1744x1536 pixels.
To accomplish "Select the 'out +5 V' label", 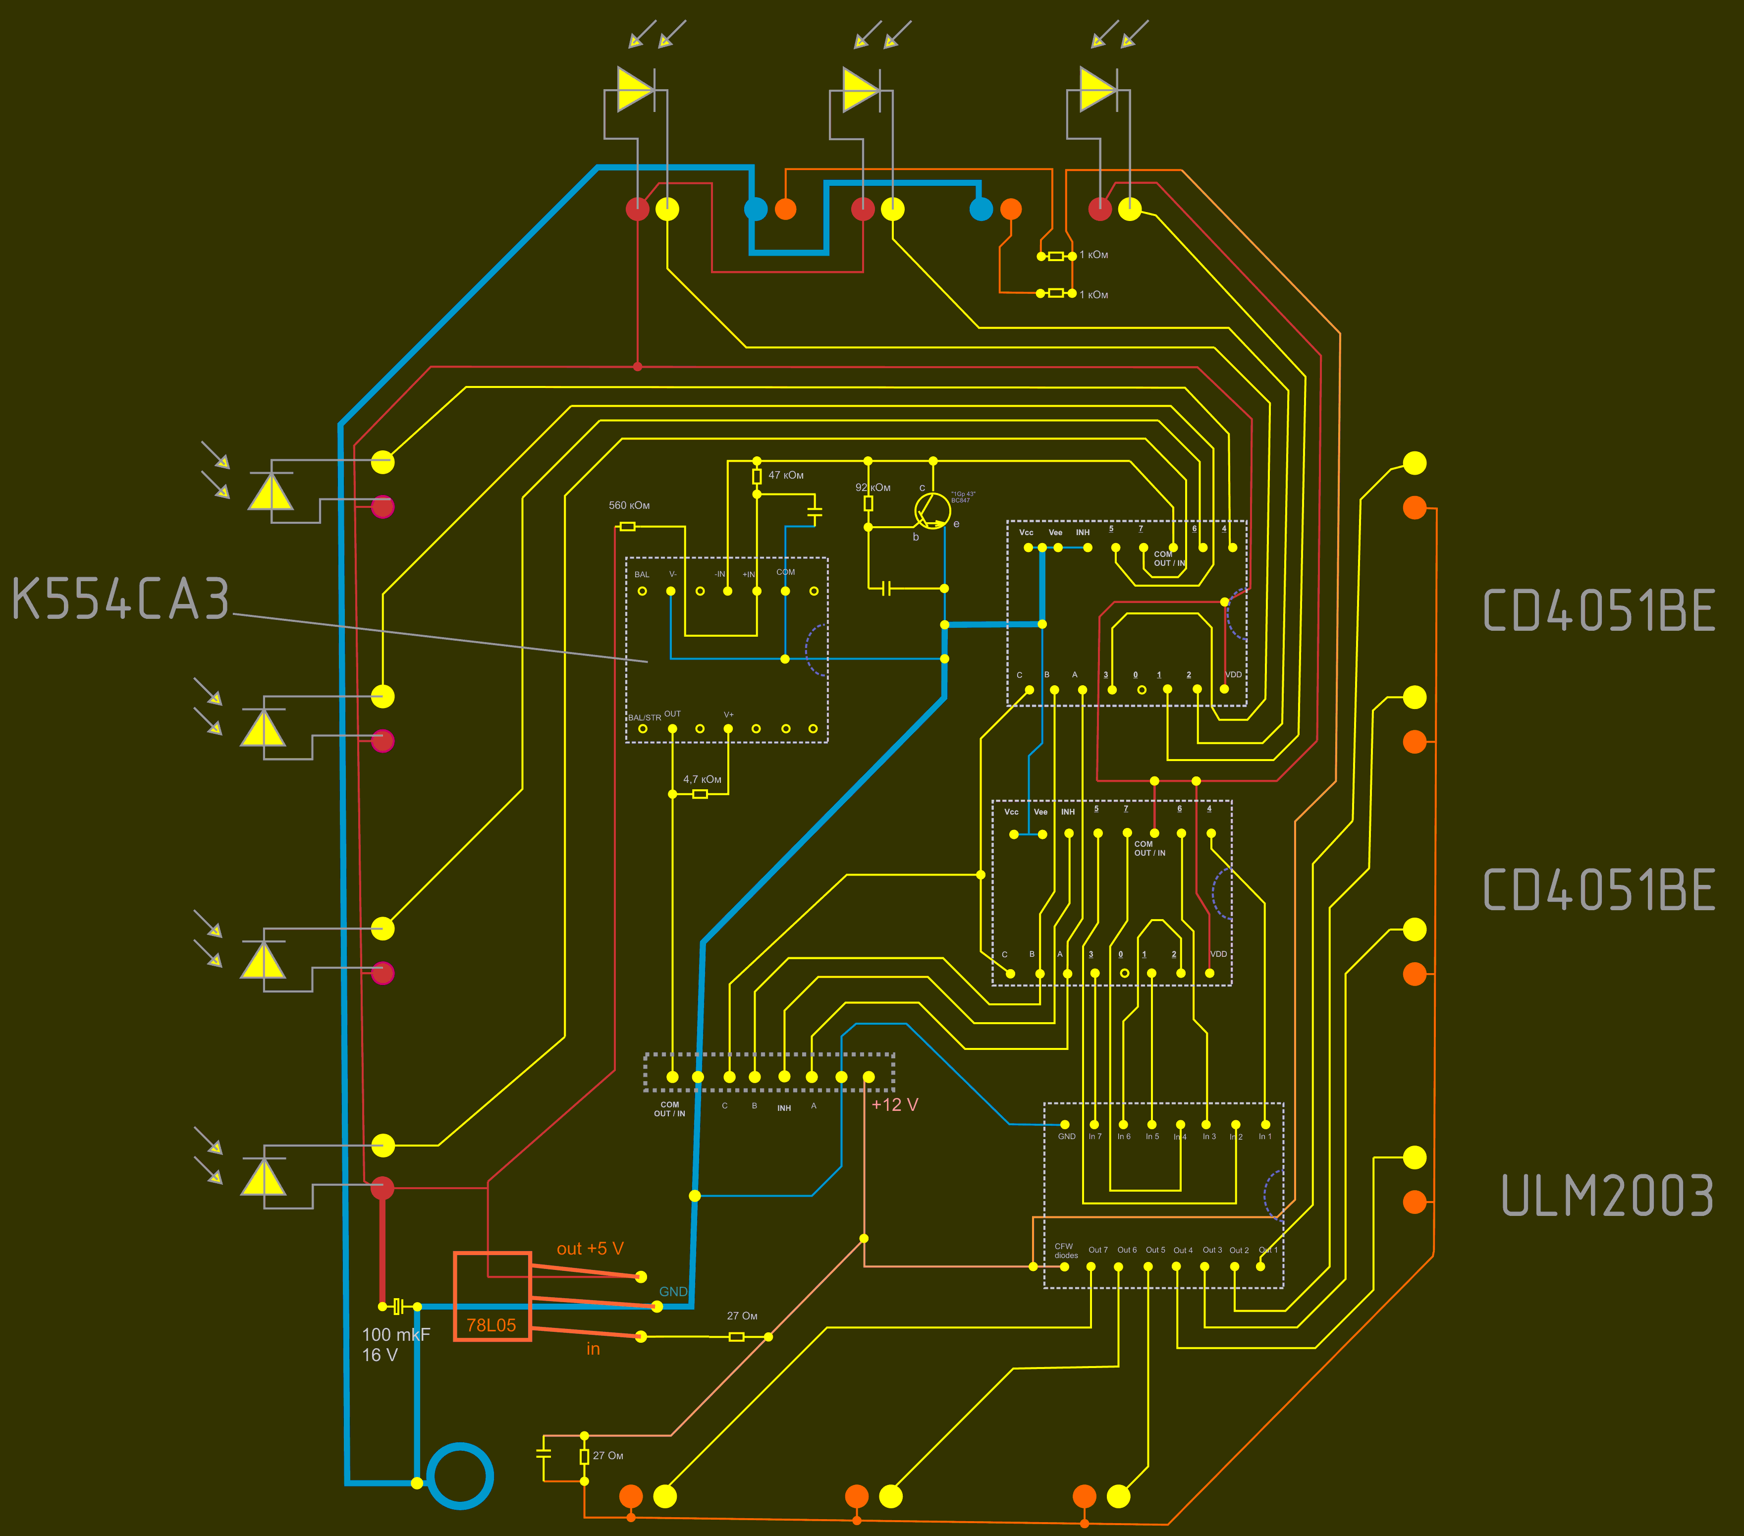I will [590, 1249].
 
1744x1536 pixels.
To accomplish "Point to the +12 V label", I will [894, 1104].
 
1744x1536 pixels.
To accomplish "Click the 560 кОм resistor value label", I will [629, 505].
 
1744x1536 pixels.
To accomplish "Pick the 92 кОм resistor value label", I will [873, 487].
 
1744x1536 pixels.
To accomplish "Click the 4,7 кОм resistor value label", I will [702, 779].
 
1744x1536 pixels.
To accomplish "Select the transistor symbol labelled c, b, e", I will [932, 510].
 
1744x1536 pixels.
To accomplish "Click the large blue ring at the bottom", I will [460, 1476].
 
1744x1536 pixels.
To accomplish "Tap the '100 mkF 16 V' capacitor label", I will [395, 1345].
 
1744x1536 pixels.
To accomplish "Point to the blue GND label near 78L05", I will [673, 1291].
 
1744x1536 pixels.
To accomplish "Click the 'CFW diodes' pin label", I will [1066, 1251].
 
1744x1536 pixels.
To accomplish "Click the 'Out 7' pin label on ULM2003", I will [1098, 1250].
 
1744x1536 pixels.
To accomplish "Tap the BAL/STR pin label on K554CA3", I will [644, 717].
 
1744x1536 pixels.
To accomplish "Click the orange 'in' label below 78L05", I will [593, 1349].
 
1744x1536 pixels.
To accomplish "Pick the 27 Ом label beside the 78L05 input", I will [742, 1316].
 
